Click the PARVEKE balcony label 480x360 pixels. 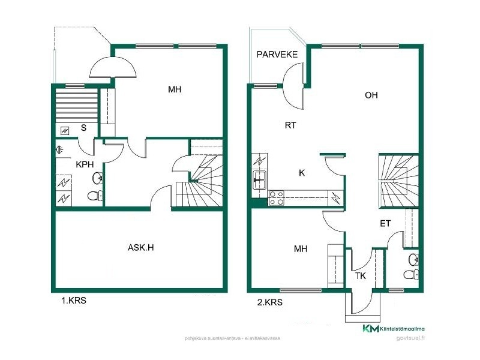(277, 55)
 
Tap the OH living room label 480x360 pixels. (371, 95)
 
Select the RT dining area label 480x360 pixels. (290, 125)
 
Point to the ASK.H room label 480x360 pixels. (140, 247)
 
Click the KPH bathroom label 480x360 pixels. (85, 164)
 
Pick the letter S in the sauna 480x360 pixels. (83, 128)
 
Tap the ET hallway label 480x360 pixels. (385, 224)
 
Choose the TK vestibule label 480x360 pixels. (361, 276)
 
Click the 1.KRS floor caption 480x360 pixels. (74, 301)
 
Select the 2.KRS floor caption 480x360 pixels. (269, 302)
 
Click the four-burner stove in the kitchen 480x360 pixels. (276, 198)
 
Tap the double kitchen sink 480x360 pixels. (260, 180)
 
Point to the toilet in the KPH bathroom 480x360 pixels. (95, 196)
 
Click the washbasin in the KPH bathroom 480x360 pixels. (97, 178)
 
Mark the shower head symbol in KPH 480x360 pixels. (59, 150)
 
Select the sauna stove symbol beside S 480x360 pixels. (65, 131)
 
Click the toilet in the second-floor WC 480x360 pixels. (411, 275)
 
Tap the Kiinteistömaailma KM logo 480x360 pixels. (394, 328)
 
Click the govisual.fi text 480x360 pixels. (410, 338)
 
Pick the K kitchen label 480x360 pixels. (302, 173)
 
